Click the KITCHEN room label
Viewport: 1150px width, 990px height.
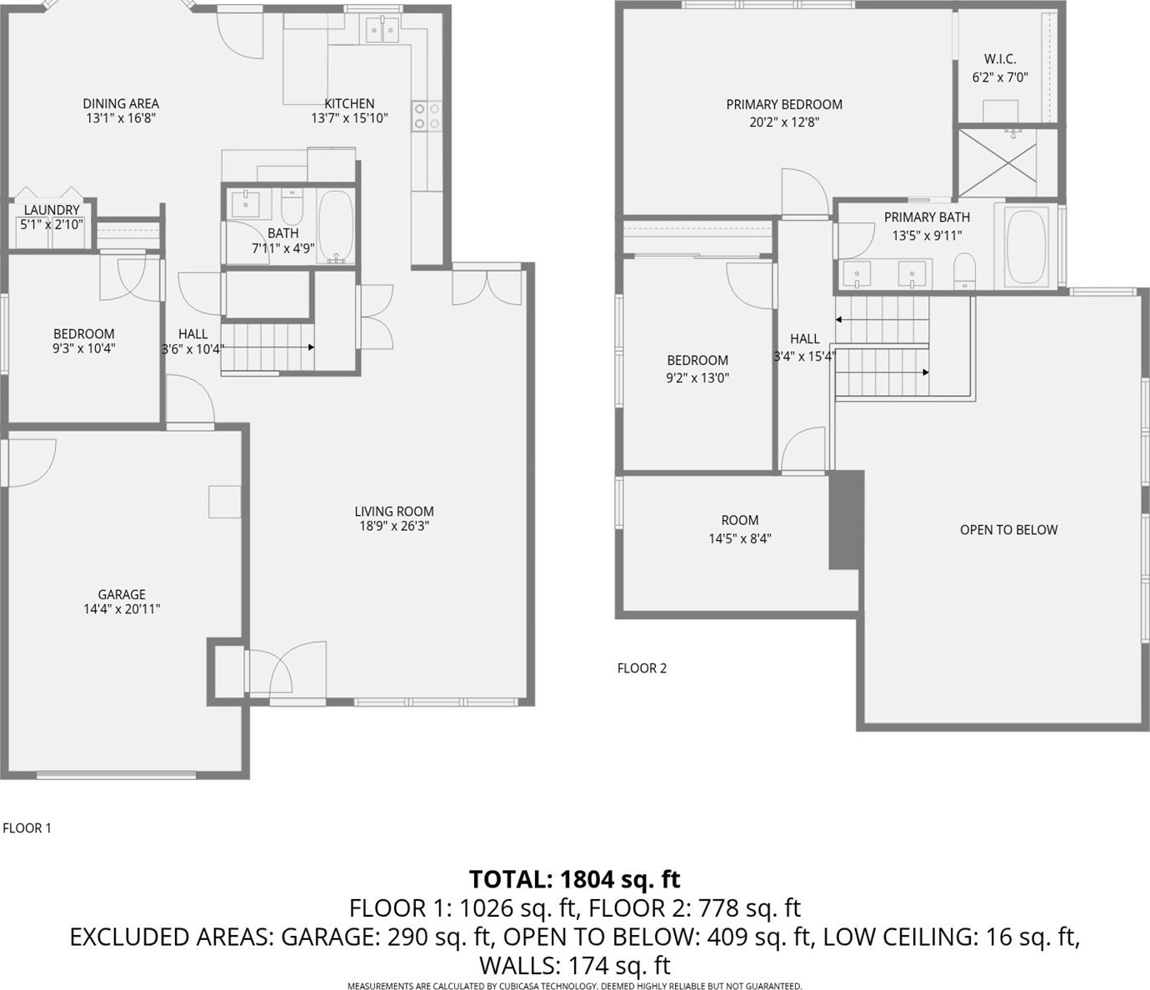[x=349, y=104]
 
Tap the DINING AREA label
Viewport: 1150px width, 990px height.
[x=121, y=104]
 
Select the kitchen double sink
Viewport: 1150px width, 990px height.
[x=382, y=29]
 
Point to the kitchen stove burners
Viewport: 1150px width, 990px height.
[x=427, y=117]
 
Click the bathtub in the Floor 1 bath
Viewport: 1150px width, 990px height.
[x=336, y=227]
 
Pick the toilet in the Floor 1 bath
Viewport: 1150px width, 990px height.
[x=292, y=205]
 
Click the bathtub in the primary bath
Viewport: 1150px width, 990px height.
[x=1027, y=246]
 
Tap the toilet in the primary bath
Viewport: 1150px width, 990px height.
[x=964, y=271]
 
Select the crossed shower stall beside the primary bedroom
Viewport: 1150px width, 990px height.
[x=997, y=162]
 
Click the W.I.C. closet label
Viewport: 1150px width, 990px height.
[x=1000, y=58]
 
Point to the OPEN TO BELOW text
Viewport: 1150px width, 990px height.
[x=1008, y=530]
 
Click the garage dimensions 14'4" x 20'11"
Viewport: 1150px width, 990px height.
[x=122, y=609]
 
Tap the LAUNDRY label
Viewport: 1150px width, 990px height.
[x=52, y=210]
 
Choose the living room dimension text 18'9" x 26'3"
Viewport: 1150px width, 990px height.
[x=394, y=526]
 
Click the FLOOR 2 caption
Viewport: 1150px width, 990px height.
[x=642, y=667]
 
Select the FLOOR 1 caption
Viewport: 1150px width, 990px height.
[x=27, y=828]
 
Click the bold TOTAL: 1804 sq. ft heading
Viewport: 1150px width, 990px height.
[x=575, y=880]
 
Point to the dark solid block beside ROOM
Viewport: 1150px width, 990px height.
[x=846, y=520]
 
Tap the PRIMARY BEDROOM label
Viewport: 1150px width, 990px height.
[x=784, y=105]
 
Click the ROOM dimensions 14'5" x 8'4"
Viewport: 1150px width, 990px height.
[x=740, y=538]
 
